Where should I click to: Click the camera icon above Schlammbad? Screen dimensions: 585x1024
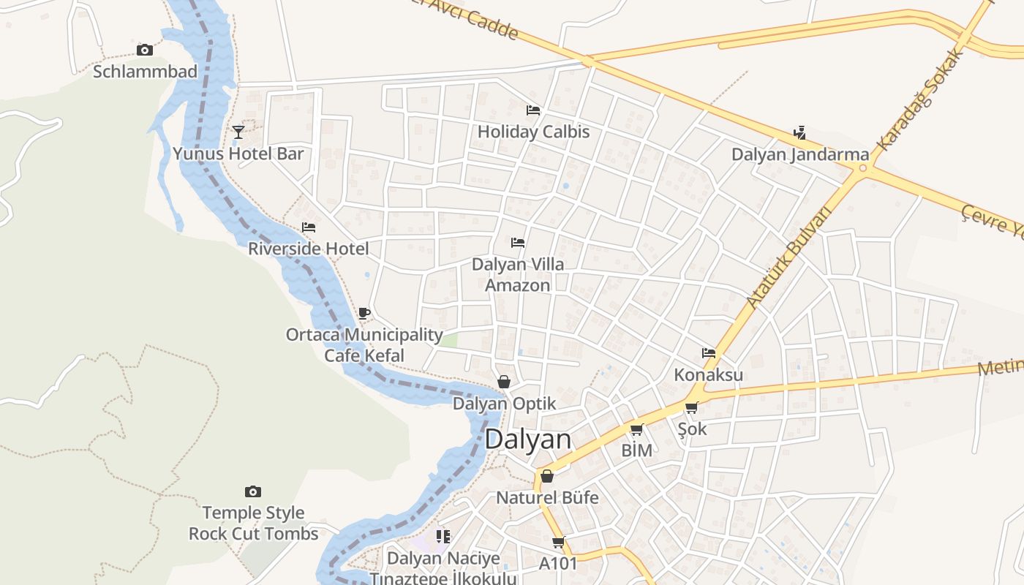(145, 50)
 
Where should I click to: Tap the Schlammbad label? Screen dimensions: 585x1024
(145, 71)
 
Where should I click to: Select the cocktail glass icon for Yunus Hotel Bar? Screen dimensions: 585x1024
(238, 132)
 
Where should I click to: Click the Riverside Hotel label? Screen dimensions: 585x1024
(308, 249)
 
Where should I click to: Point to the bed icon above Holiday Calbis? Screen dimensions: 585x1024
(533, 110)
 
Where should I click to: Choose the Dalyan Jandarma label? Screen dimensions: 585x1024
(800, 154)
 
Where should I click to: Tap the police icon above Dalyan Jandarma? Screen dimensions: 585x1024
(799, 133)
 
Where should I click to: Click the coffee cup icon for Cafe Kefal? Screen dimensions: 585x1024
(364, 314)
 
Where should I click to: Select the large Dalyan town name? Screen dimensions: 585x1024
(527, 439)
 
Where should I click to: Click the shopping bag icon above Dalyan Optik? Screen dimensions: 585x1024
(504, 381)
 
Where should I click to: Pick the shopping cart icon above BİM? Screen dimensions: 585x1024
(636, 429)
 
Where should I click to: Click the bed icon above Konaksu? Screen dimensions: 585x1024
(708, 352)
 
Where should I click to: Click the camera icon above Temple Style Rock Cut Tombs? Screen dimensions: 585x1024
(253, 491)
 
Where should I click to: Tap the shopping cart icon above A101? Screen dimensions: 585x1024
(559, 542)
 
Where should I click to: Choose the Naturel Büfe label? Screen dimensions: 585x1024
(547, 498)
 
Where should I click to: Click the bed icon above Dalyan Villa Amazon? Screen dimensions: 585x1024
(518, 242)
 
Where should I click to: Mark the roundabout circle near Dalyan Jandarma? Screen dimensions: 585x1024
(863, 169)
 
